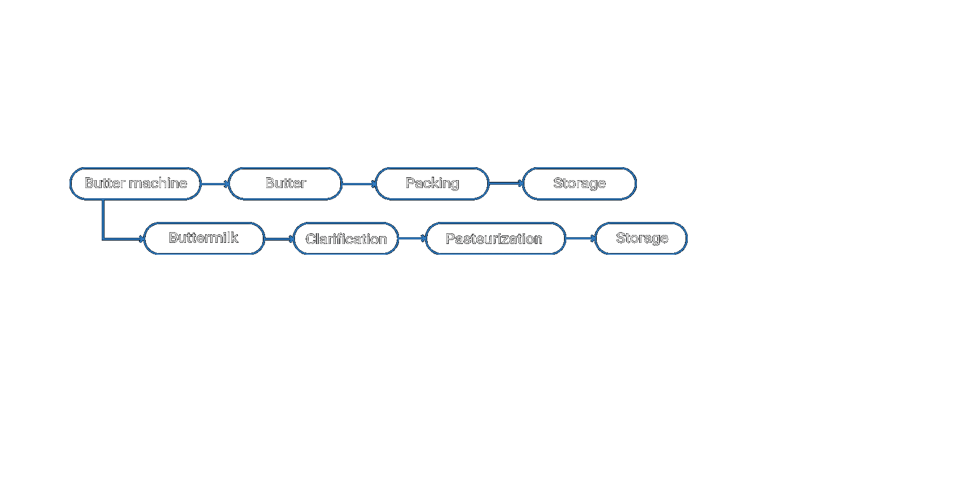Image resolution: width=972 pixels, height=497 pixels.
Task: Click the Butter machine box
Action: pyautogui.click(x=136, y=184)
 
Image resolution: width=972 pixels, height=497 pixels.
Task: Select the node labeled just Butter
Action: pyautogui.click(x=285, y=184)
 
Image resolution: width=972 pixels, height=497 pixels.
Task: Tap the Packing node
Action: pyautogui.click(x=432, y=184)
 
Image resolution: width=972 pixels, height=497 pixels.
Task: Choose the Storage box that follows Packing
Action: pyautogui.click(x=580, y=184)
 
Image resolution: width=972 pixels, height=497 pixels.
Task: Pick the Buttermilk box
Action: pyautogui.click(x=204, y=238)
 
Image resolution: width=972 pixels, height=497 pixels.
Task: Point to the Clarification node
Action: pyautogui.click(x=346, y=238)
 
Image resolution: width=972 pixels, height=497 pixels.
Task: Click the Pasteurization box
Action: pyautogui.click(x=495, y=238)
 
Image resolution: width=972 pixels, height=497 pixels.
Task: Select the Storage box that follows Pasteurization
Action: pyautogui.click(x=641, y=238)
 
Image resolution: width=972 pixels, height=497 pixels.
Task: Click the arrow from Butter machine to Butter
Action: pyautogui.click(x=215, y=184)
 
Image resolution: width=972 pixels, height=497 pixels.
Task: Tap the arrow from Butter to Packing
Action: pyautogui.click(x=359, y=184)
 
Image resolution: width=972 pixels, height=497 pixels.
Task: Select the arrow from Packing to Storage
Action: pyautogui.click(x=506, y=183)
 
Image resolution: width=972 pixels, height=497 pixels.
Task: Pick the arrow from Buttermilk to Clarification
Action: pyautogui.click(x=279, y=239)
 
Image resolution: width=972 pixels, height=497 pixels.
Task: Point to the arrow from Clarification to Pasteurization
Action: pyautogui.click(x=412, y=238)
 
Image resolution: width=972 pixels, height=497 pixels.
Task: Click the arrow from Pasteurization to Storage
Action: pyautogui.click(x=580, y=238)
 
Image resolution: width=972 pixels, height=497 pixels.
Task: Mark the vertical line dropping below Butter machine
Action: pyautogui.click(x=103, y=220)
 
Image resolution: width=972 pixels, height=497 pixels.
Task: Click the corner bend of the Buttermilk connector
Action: pyautogui.click(x=103, y=239)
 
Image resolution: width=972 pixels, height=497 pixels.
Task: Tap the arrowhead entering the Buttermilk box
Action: pyautogui.click(x=142, y=239)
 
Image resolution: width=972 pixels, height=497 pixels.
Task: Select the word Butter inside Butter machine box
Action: pyautogui.click(x=105, y=183)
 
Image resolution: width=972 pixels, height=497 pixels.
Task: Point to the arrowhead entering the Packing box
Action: pyautogui.click(x=374, y=184)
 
